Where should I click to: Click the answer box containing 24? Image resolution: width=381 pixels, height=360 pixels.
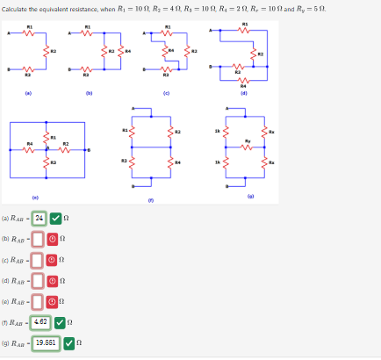click(39, 219)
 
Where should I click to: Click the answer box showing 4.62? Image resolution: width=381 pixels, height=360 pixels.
click(41, 322)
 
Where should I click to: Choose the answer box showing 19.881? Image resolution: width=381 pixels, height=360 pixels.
click(46, 342)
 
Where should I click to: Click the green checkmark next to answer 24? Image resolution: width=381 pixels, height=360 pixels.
click(55, 219)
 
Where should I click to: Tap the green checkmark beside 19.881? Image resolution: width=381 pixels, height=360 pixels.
click(68, 342)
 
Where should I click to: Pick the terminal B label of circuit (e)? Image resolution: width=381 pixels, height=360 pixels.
click(85, 151)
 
